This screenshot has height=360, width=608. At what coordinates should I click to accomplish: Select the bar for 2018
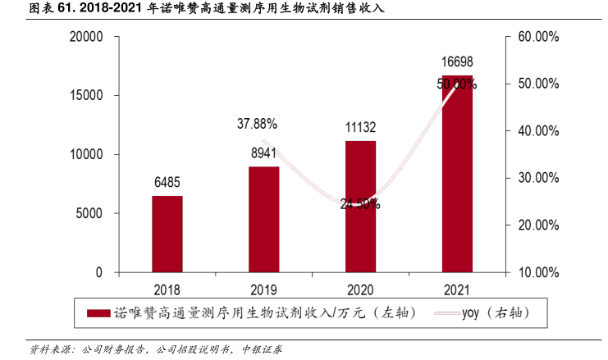pos(167,234)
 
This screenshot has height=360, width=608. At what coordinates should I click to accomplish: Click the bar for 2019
pos(263,219)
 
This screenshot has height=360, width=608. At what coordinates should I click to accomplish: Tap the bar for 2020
pos(360,206)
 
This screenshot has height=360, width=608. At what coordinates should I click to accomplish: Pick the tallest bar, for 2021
pos(457,174)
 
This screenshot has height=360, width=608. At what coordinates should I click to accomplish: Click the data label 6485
pos(167,182)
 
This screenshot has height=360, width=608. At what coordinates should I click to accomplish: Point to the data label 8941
pos(263,153)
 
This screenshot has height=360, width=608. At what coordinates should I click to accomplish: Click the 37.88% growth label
pos(258,124)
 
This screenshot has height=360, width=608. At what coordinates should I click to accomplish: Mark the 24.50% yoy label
pos(360,204)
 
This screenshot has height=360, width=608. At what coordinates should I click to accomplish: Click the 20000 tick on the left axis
pos(86,37)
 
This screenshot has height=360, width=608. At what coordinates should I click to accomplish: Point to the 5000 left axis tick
pos(89,213)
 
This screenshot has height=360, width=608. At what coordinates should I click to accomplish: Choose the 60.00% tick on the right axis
pos(538,37)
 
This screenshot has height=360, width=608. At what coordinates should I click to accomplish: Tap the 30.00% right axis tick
pos(538,178)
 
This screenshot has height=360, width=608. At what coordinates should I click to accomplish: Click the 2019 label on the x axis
pos(263,289)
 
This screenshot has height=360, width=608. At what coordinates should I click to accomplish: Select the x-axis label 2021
pos(457,289)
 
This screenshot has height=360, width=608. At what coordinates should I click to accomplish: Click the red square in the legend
pos(98,312)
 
